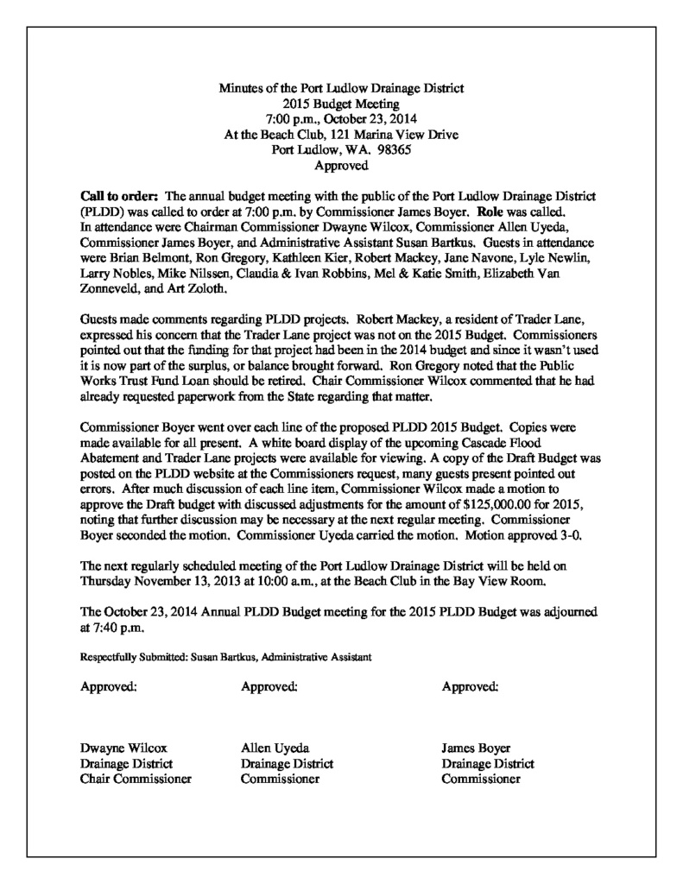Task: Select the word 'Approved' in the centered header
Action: tap(341, 164)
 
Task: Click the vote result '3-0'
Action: tap(569, 536)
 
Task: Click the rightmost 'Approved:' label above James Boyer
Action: tap(470, 687)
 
